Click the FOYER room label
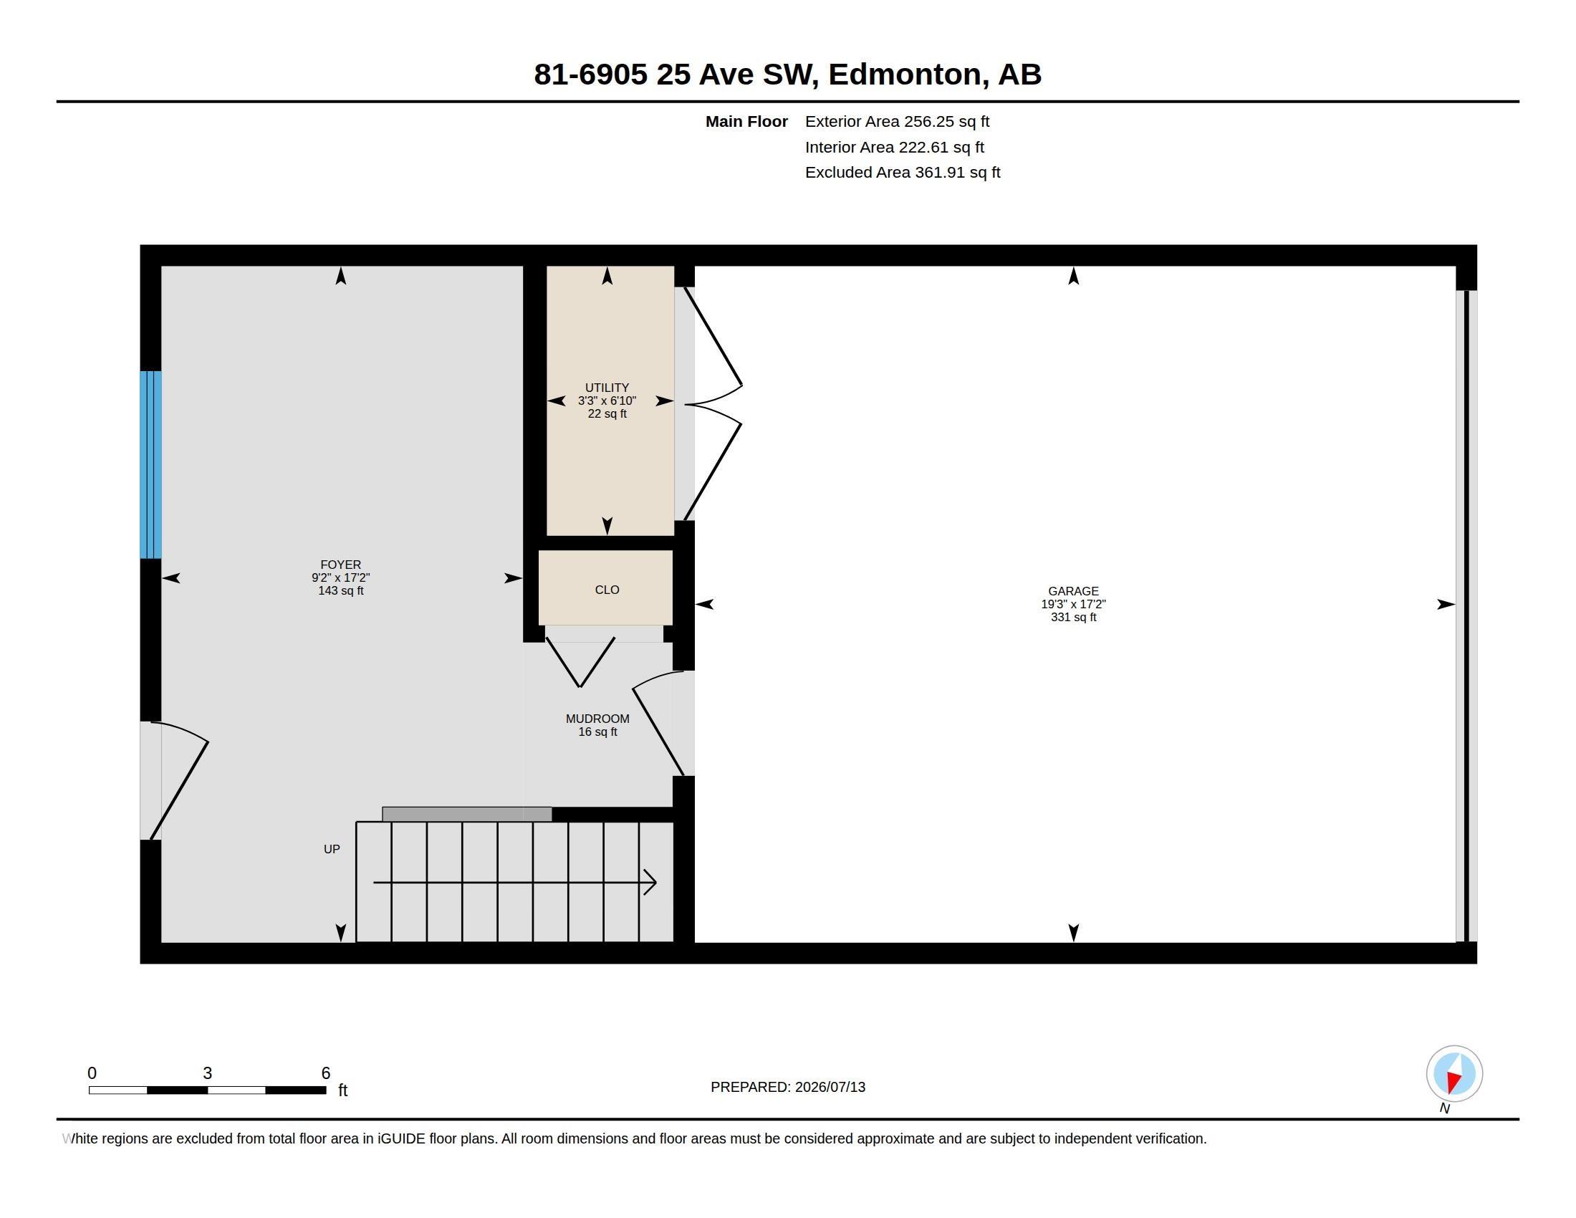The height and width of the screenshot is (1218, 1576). (340, 565)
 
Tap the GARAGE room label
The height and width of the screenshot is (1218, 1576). (1073, 591)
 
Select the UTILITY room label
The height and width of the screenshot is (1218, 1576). (607, 388)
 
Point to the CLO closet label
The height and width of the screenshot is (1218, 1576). (607, 590)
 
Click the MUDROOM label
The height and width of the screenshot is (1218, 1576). (597, 719)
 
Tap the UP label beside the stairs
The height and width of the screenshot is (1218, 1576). (332, 849)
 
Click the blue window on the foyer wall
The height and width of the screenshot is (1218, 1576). (151, 465)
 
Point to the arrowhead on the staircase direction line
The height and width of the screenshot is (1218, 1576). (650, 883)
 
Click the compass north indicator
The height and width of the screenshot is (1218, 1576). (1454, 1074)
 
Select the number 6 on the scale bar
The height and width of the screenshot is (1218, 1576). (325, 1073)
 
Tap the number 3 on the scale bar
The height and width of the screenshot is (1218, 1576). (208, 1073)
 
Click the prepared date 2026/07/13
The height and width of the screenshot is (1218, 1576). (830, 1087)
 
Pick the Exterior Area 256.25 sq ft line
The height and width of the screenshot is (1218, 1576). (897, 121)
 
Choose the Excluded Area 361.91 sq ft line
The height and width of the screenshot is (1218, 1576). (903, 173)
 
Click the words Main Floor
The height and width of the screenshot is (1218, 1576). (747, 121)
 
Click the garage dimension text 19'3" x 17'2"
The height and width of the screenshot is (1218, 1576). (1073, 604)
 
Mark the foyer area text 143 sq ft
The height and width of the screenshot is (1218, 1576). (340, 590)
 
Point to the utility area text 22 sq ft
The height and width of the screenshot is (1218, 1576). (607, 413)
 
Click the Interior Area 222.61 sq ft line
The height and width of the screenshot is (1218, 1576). (895, 147)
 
